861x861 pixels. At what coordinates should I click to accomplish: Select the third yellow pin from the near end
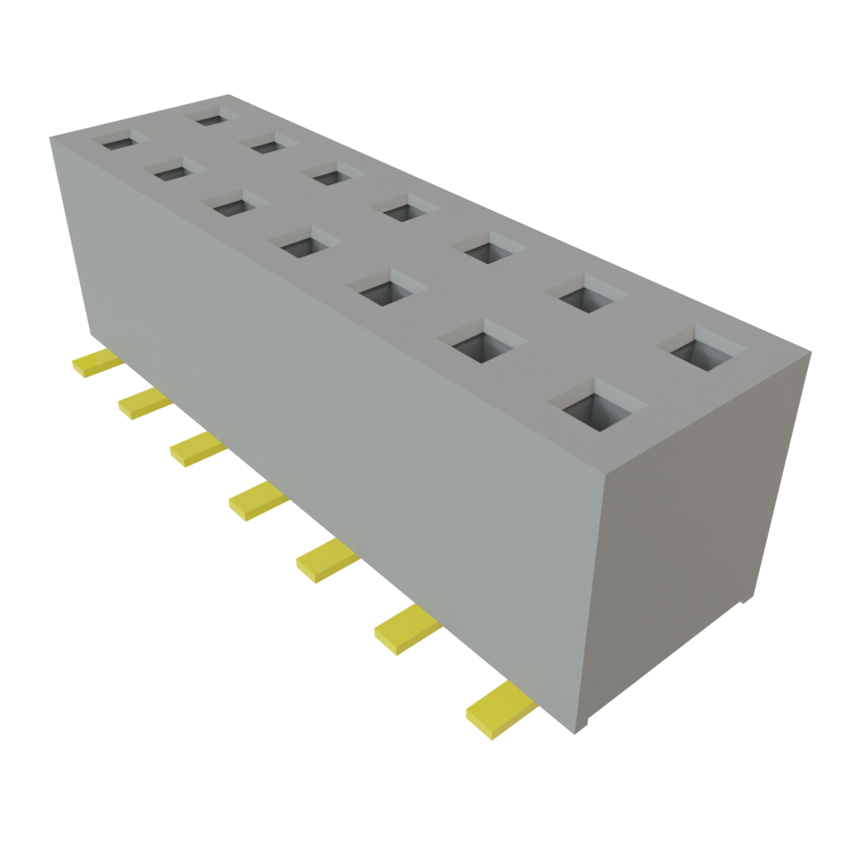pyautogui.click(x=326, y=558)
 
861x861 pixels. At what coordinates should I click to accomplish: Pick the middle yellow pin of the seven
pyautogui.click(x=256, y=501)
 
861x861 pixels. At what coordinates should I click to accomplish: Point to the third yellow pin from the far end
pyautogui.click(x=198, y=449)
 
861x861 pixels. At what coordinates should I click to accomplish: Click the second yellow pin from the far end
pyautogui.click(x=144, y=404)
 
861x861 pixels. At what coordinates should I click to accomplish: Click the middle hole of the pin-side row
pyautogui.click(x=304, y=243)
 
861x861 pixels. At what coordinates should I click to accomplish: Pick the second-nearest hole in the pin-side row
pyautogui.click(x=482, y=341)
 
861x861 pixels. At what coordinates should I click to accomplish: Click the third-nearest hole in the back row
pyautogui.click(x=489, y=249)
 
